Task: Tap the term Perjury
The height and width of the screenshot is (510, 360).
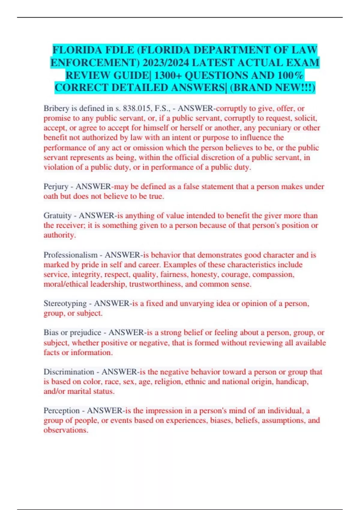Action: tap(56, 187)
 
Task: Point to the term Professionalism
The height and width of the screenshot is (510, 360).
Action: tap(70, 255)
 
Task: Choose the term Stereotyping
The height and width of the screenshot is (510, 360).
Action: tap(65, 304)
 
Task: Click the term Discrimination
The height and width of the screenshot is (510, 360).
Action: tap(69, 372)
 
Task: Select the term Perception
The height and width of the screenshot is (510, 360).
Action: tap(61, 411)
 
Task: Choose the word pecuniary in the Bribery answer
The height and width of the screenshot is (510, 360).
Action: tap(274, 128)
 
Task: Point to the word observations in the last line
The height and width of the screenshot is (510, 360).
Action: tap(65, 430)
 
